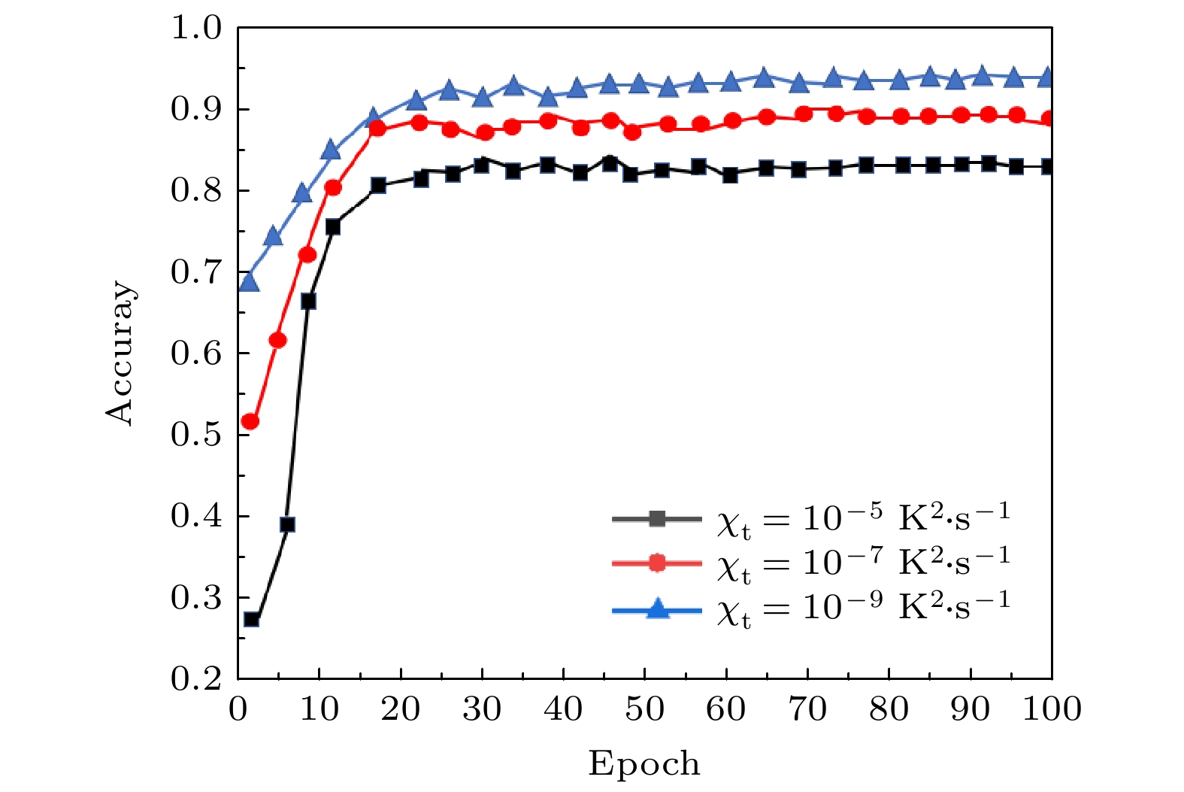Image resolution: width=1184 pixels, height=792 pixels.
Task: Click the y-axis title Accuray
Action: click(x=120, y=354)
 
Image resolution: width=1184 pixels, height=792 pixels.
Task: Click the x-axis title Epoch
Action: click(x=643, y=763)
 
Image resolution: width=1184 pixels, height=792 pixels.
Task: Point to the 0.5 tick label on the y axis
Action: click(x=196, y=435)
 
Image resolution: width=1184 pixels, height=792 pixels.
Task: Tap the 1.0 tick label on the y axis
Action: click(x=196, y=28)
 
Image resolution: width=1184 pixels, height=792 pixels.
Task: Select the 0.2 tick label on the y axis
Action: click(x=196, y=679)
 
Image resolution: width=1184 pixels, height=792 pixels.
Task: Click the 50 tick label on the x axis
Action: click(x=644, y=709)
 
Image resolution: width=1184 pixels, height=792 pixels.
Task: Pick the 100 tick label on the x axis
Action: click(x=1051, y=709)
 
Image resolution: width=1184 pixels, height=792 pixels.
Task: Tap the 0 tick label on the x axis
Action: click(x=238, y=709)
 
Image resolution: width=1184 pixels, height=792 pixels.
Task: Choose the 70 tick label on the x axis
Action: click(x=807, y=709)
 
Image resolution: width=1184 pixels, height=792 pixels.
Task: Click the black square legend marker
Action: click(x=657, y=518)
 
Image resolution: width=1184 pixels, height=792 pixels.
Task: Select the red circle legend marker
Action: click(x=657, y=563)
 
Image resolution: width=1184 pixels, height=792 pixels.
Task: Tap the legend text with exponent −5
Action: click(x=862, y=518)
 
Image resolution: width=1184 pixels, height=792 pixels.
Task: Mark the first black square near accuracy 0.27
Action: click(x=252, y=619)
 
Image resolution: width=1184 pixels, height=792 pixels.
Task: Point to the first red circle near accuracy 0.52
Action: click(x=250, y=422)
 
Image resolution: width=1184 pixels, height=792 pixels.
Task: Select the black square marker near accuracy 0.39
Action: click(x=287, y=524)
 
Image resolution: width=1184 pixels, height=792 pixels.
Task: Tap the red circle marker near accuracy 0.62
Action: click(x=277, y=340)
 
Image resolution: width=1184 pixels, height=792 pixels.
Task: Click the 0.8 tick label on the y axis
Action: click(x=196, y=191)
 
